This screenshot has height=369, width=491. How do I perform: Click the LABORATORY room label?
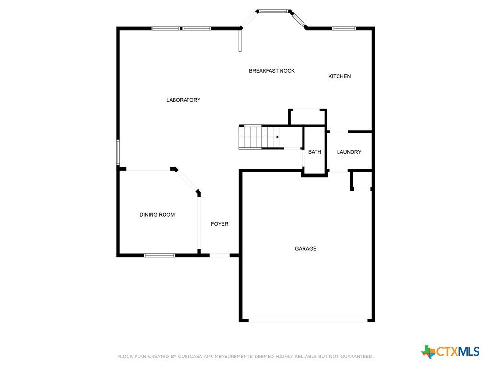(183, 100)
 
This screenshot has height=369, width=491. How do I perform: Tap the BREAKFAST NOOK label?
(272, 71)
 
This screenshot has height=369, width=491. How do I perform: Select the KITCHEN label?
(339, 76)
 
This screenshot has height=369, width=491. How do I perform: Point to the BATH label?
(315, 152)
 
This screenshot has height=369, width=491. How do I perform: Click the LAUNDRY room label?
(349, 152)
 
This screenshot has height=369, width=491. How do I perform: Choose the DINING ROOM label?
(157, 215)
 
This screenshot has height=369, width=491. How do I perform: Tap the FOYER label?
(220, 224)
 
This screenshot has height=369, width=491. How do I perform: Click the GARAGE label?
(305, 249)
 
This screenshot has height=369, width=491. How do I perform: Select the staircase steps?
(259, 137)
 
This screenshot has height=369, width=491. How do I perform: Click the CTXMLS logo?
(450, 352)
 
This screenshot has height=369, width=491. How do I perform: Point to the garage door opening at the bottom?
(308, 320)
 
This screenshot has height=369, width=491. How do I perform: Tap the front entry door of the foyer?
(220, 255)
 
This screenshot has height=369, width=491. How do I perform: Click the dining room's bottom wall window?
(159, 255)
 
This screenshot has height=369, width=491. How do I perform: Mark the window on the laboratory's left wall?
(118, 152)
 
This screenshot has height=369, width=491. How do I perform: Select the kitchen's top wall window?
(344, 28)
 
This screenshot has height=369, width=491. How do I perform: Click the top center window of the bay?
(274, 12)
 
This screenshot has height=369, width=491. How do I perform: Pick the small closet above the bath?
(307, 117)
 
